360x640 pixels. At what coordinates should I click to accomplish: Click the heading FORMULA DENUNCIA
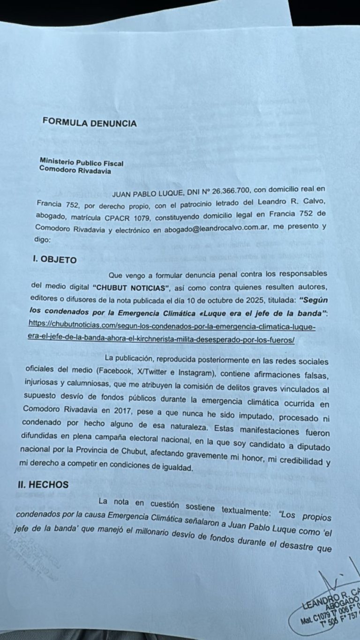click(90, 123)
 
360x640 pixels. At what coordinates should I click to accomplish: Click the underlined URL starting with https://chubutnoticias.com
click(168, 329)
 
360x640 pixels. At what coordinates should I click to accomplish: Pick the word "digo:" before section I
click(45, 241)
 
